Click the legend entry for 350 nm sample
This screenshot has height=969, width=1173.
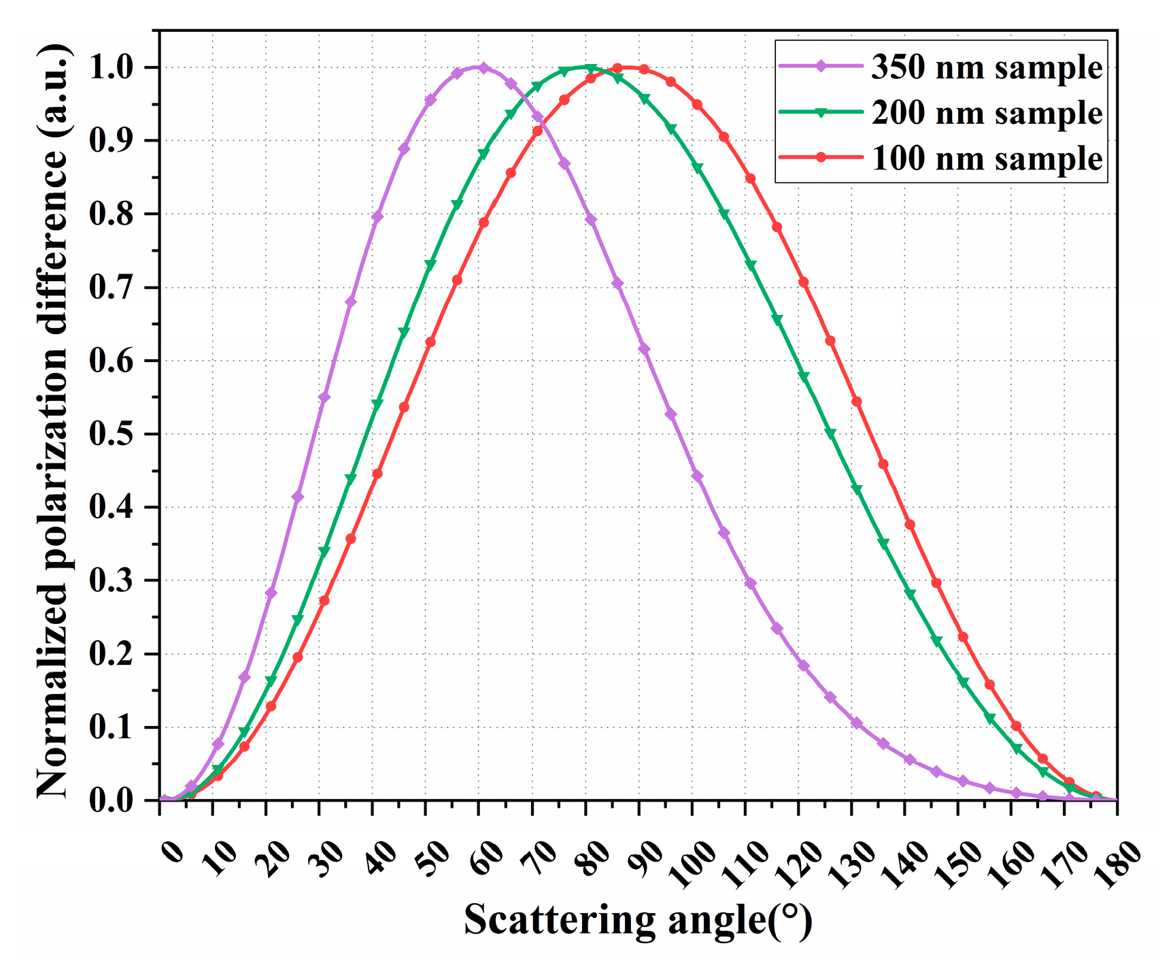pyautogui.click(x=986, y=67)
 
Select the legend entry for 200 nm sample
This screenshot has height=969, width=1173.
pyautogui.click(x=986, y=112)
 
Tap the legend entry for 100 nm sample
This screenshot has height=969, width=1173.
pyautogui.click(x=986, y=158)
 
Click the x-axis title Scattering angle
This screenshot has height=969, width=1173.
pyautogui.click(x=638, y=920)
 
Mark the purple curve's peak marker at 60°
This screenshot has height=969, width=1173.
pyautogui.click(x=483, y=68)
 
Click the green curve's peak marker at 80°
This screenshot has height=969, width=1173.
pyautogui.click(x=590, y=69)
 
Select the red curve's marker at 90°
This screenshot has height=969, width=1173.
pyautogui.click(x=643, y=69)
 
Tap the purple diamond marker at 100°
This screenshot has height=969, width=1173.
pyautogui.click(x=697, y=476)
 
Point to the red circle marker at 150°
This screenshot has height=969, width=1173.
pyautogui.click(x=963, y=637)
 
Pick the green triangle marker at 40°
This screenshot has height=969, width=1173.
pyautogui.click(x=377, y=404)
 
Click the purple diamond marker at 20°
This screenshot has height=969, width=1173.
pyautogui.click(x=271, y=593)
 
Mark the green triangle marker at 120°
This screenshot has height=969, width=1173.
pyautogui.click(x=804, y=377)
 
